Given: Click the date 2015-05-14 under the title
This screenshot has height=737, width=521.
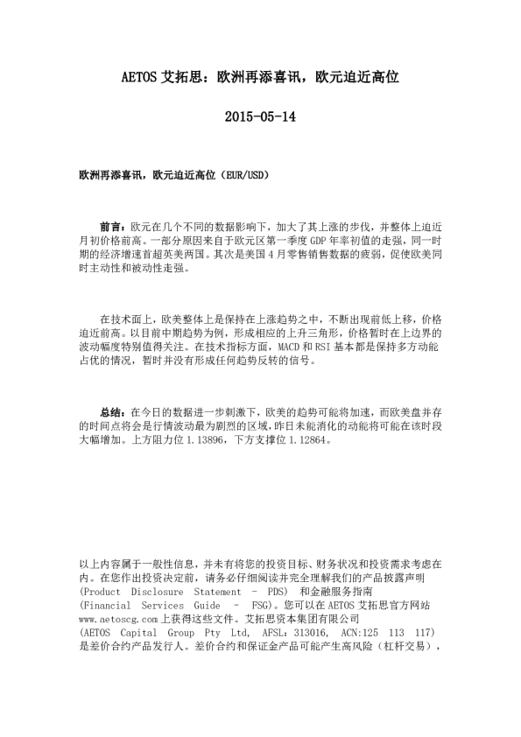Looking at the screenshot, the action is (260, 116).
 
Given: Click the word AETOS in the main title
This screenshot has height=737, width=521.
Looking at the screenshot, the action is (138, 77).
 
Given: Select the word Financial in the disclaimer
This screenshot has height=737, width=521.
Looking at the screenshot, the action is (106, 605).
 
